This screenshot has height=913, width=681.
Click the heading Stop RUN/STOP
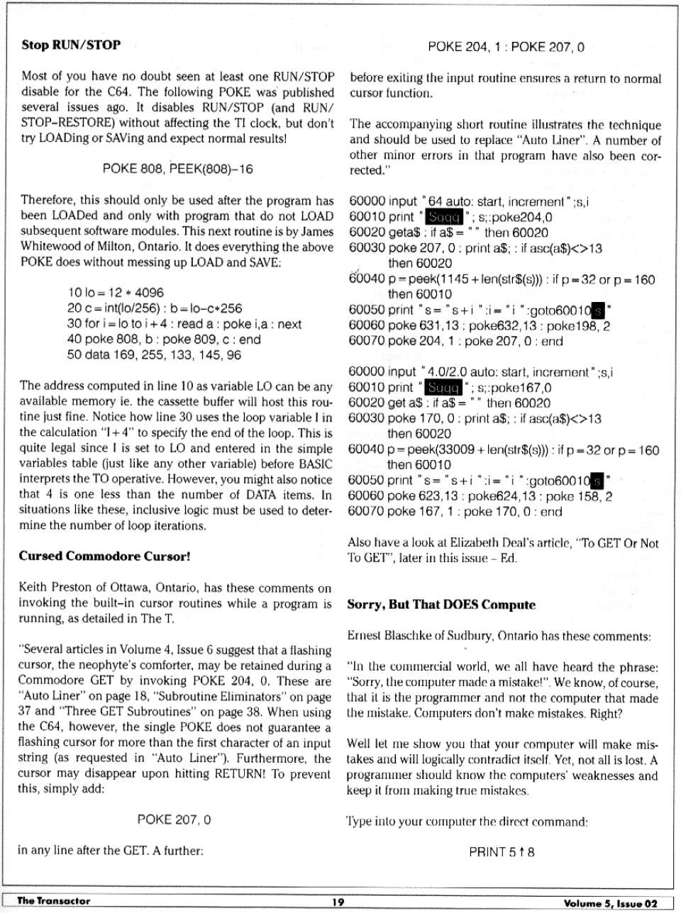click(x=71, y=45)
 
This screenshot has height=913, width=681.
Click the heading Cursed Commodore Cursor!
click(x=105, y=556)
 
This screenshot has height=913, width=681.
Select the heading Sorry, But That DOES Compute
click(x=441, y=605)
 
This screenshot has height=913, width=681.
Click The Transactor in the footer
click(x=54, y=901)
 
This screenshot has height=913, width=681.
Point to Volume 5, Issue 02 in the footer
click(x=610, y=902)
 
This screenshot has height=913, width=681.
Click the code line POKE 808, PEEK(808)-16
click(x=177, y=169)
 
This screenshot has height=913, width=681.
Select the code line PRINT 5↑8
click(x=502, y=851)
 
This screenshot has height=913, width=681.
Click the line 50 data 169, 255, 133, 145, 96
click(x=154, y=355)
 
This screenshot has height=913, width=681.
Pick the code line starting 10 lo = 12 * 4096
click(x=116, y=293)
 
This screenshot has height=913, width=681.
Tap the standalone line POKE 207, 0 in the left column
click(x=174, y=820)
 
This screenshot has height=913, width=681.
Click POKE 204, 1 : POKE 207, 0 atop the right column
click(x=506, y=47)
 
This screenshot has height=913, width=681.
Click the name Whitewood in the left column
click(x=49, y=247)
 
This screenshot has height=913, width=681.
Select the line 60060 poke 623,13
click(x=480, y=496)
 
